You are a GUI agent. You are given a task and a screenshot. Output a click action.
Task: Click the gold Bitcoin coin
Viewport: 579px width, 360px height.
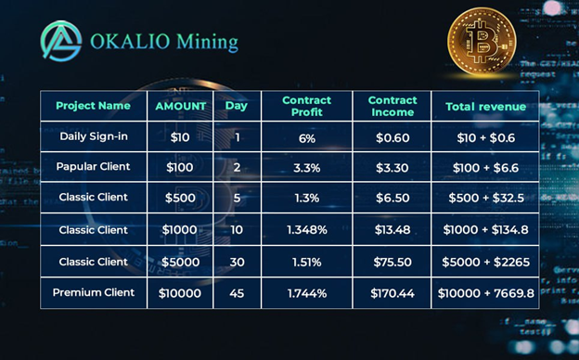tap(482, 41)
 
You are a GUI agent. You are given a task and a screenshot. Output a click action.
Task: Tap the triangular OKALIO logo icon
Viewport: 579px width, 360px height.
tap(61, 41)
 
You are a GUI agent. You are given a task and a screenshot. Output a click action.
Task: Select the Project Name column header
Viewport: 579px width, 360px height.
tap(93, 106)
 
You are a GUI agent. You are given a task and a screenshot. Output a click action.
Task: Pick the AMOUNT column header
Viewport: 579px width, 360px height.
tap(181, 107)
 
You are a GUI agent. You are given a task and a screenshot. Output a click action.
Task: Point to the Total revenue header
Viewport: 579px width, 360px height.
tap(485, 107)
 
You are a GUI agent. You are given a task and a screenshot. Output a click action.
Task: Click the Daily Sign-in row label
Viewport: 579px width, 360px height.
tap(94, 136)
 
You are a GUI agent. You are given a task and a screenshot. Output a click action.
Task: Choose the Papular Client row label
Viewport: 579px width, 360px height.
tap(93, 167)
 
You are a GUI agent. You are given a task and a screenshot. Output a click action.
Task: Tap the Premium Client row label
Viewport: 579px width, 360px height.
tap(94, 292)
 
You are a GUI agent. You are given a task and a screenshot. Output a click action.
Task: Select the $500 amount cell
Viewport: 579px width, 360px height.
tap(180, 198)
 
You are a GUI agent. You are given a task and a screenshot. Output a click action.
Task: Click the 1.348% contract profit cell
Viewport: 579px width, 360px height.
tap(307, 230)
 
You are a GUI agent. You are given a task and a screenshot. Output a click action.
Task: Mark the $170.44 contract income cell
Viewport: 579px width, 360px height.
tap(392, 293)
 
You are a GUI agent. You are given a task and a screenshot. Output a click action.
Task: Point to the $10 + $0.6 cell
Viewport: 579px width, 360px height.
tap(485, 138)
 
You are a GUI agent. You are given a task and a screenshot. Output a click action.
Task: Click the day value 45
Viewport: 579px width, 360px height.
tap(237, 293)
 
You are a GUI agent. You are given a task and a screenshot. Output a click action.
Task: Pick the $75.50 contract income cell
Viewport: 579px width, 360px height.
tap(392, 263)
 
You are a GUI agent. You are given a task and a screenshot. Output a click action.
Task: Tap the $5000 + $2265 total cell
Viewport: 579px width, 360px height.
tap(485, 263)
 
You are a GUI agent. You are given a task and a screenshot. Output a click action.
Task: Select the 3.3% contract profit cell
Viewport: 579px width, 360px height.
tap(307, 168)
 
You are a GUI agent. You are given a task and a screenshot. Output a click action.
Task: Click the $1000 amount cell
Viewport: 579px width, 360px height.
tap(179, 230)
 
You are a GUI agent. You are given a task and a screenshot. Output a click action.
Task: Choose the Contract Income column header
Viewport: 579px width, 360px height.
tap(392, 107)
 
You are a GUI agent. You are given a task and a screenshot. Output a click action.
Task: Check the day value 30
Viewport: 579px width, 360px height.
tap(237, 263)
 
